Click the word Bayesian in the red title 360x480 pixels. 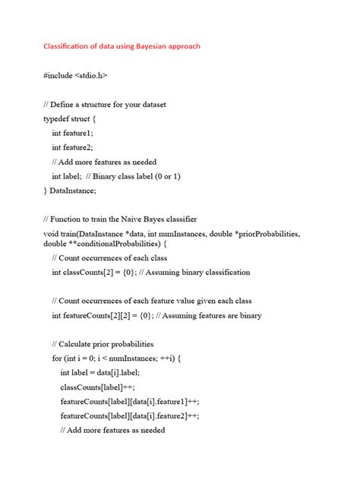pos(150,47)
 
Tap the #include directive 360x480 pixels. pos(58,76)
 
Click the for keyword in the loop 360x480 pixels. pos(57,358)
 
